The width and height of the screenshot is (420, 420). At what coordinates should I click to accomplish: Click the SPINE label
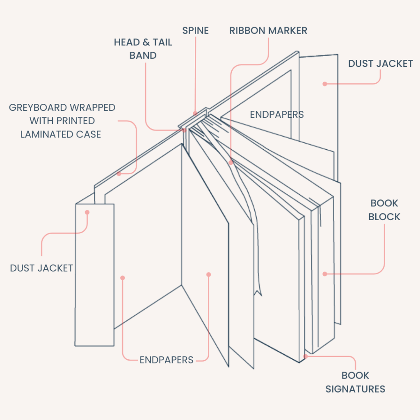pos(195,31)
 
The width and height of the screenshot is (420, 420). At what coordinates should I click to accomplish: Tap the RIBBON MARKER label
pos(268,31)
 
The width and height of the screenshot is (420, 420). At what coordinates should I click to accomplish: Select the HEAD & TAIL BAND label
pos(143,49)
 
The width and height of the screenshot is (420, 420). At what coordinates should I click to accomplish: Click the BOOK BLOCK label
pos(384,210)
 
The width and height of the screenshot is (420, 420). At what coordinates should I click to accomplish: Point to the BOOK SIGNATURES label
pos(355,382)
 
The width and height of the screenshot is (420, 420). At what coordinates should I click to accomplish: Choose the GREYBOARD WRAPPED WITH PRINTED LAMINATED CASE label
pos(62,121)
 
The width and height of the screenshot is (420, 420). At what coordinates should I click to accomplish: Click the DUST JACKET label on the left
pos(41,268)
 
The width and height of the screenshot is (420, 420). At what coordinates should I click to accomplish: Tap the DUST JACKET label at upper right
pos(380,64)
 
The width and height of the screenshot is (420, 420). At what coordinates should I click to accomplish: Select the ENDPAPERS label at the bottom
pos(166,360)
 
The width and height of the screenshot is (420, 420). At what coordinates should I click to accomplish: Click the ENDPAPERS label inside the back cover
pos(277,114)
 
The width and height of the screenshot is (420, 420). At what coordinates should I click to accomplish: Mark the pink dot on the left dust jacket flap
pos(87,212)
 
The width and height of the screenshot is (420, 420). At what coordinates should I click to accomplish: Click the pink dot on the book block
pos(324,274)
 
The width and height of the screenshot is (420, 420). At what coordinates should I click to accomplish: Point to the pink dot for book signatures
pos(306,356)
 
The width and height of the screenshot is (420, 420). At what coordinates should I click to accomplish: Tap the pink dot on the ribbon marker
pos(231,162)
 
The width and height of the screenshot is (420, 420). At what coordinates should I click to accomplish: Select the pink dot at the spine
pos(195,113)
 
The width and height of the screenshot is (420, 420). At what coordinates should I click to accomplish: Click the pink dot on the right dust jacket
pos(324,84)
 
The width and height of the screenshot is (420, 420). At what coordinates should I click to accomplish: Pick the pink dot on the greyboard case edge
pos(119,174)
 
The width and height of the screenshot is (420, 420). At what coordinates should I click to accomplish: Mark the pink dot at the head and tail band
pos(185,130)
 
